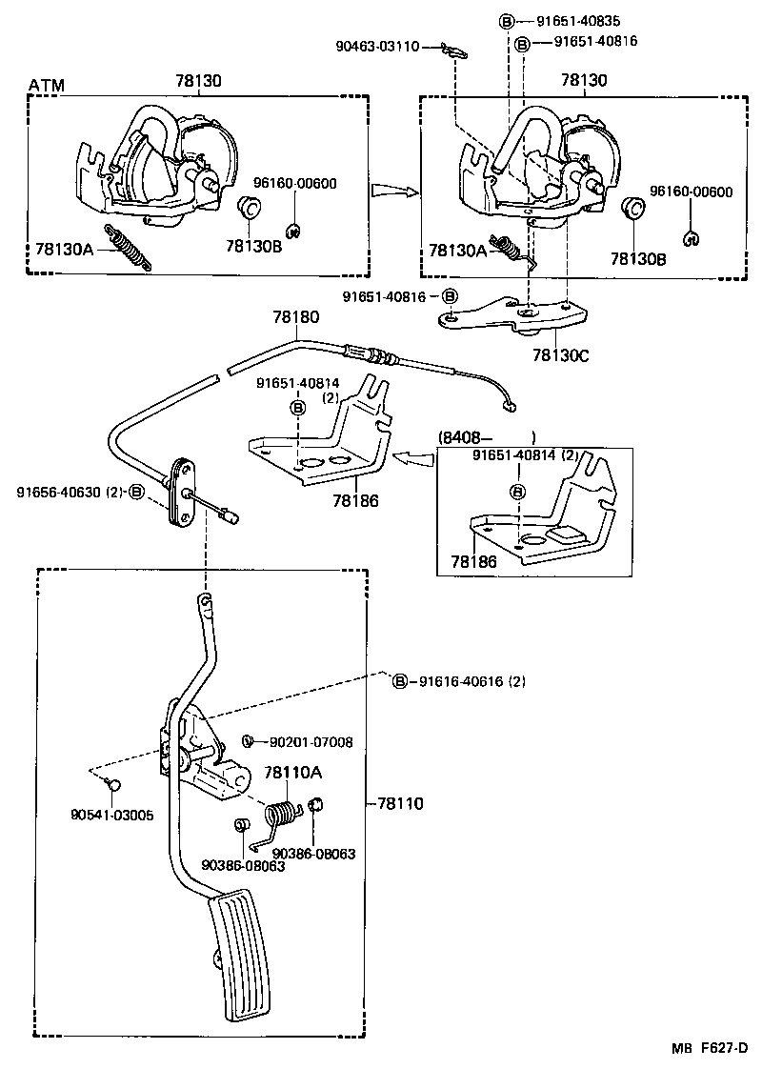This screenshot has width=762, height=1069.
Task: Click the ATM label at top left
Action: click(46, 86)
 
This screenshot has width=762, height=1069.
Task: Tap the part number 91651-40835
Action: click(583, 21)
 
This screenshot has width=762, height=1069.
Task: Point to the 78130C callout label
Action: click(561, 354)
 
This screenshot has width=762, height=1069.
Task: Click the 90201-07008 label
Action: click(311, 741)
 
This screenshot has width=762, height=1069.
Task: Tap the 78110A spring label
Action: click(293, 773)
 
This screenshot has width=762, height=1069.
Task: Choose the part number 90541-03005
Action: click(111, 816)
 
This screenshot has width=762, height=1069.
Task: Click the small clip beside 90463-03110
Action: click(456, 50)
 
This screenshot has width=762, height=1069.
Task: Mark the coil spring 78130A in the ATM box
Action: click(128, 247)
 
